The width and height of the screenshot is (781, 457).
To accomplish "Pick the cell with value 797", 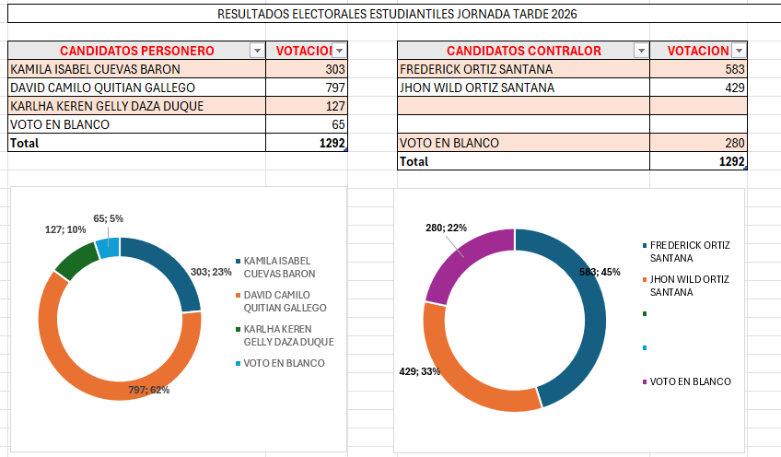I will (306, 88).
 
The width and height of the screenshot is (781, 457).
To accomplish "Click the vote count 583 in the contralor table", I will (697, 69).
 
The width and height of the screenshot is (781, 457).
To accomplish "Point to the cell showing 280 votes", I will (697, 143).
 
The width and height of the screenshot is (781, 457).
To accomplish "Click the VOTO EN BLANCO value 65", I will (306, 124).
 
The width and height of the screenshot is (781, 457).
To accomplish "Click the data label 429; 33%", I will (419, 370).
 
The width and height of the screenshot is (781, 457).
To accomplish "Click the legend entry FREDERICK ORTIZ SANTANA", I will (690, 252).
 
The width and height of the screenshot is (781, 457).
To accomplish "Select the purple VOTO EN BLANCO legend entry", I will (690, 381).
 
